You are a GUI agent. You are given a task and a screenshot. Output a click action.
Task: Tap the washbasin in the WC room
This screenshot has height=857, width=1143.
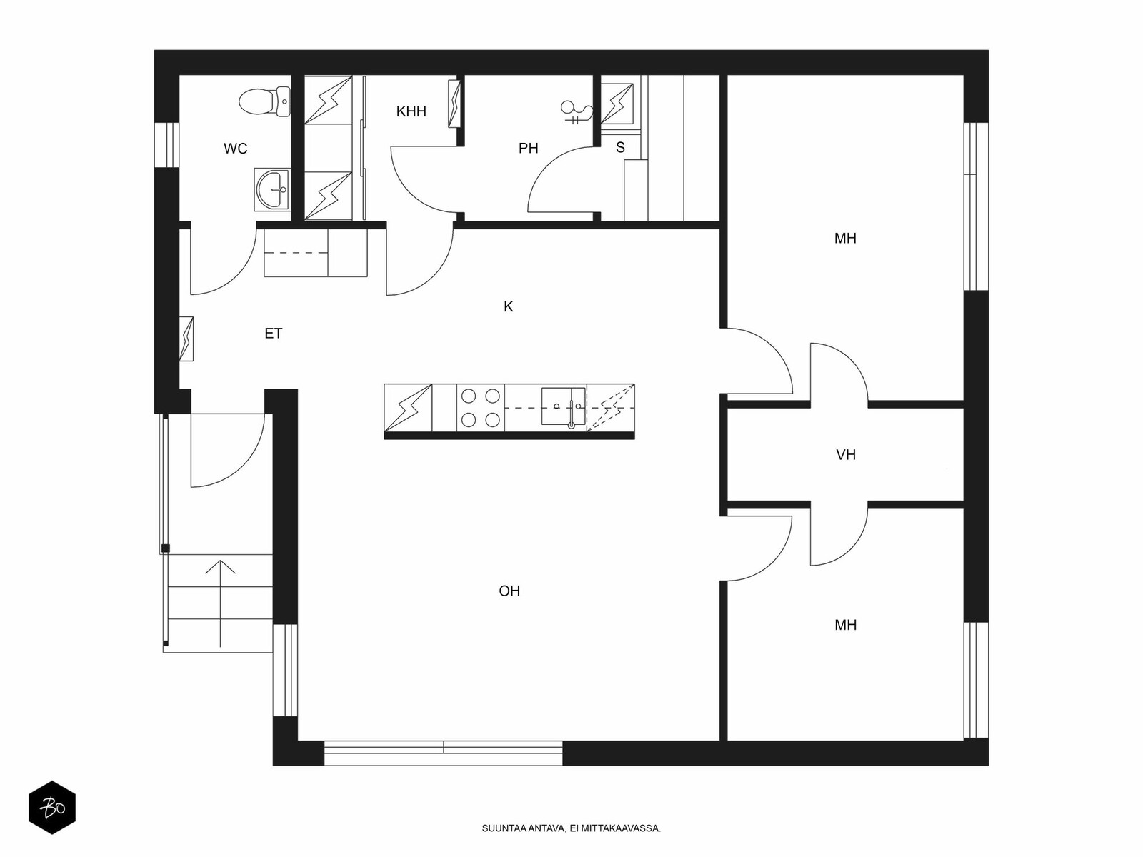pyautogui.click(x=272, y=189)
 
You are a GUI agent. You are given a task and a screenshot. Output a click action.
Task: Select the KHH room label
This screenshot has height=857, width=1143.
pyautogui.click(x=411, y=111)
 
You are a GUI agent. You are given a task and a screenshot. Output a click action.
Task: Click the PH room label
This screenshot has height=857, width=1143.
pyautogui.click(x=528, y=149)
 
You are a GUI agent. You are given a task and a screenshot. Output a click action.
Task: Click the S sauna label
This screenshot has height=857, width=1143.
pyautogui.click(x=620, y=147)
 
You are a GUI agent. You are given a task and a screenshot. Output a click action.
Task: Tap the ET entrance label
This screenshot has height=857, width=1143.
pyautogui.click(x=274, y=333)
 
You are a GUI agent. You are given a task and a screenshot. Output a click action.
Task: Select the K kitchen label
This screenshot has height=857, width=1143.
pyautogui.click(x=508, y=306)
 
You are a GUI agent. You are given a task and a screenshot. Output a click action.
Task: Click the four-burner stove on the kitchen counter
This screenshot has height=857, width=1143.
pyautogui.click(x=481, y=408)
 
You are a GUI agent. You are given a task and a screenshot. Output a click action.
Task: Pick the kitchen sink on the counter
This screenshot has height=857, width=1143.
pyautogui.click(x=564, y=406)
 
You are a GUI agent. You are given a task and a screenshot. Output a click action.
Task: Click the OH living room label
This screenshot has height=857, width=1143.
pyautogui.click(x=509, y=591)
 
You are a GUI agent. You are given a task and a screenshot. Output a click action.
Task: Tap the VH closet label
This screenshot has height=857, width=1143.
pyautogui.click(x=846, y=455)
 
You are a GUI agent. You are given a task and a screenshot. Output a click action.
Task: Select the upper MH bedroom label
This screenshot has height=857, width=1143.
pyautogui.click(x=845, y=239)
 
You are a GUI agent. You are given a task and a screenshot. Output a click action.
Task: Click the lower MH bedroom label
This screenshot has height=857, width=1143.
pyautogui.click(x=845, y=625)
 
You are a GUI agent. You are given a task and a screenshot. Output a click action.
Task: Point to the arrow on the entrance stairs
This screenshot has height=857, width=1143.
pyautogui.click(x=220, y=603)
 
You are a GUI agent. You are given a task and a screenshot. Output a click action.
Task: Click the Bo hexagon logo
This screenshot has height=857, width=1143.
pyautogui.click(x=52, y=808)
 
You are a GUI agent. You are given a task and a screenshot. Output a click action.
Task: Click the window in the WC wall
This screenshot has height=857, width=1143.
pyautogui.click(x=166, y=145)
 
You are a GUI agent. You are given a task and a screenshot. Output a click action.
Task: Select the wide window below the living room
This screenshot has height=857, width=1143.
pyautogui.click(x=443, y=753)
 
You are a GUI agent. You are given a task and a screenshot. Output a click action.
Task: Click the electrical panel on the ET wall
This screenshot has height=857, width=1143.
pyautogui.click(x=186, y=339)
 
